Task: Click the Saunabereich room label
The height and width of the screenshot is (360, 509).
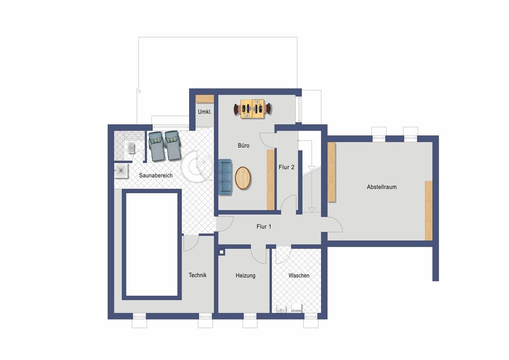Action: coord(156,176)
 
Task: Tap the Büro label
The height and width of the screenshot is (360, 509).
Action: coord(243,146)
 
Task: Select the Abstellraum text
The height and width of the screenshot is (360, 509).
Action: coord(382,187)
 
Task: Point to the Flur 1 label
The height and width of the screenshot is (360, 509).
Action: coord(264,227)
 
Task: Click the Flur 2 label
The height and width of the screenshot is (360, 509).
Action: coord(287,167)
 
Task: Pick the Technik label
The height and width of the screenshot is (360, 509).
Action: coord(198,275)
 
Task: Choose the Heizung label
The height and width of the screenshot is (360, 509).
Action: coord(246,276)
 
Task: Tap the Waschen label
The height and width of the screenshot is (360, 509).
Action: coord(299,276)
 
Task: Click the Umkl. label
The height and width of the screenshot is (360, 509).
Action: coord(205,112)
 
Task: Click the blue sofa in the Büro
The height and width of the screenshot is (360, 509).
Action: coord(225,177)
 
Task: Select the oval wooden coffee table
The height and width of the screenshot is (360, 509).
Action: coord(243,178)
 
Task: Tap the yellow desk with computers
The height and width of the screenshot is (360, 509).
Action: coord(253,109)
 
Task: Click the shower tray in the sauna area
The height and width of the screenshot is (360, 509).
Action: coord(121,171)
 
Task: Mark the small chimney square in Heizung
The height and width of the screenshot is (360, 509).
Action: coord(221,252)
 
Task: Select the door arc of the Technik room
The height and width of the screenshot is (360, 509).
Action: coord(191,243)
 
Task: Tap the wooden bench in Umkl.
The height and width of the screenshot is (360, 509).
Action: coord(205,99)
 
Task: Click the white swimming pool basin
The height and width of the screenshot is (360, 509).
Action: coord(152,245)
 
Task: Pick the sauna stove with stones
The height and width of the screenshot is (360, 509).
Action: coord(131,148)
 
